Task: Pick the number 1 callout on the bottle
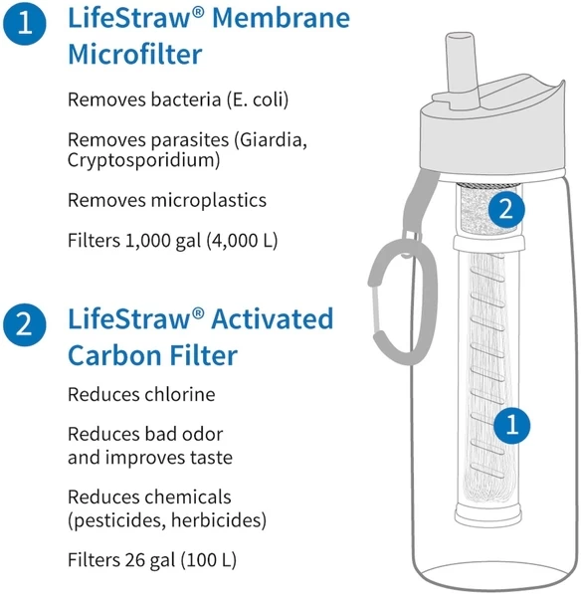click(x=511, y=426)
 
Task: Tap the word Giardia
click(x=273, y=141)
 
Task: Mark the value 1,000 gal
click(x=152, y=240)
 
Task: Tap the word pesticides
click(x=117, y=519)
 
